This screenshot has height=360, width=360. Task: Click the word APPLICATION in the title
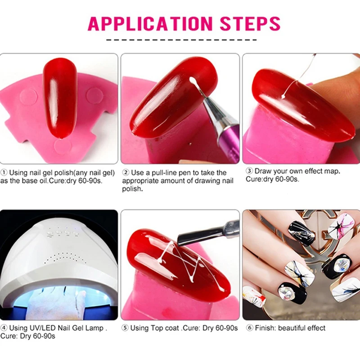[150, 23]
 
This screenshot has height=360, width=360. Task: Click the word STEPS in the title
[250, 23]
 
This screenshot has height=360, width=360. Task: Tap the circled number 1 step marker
[4, 172]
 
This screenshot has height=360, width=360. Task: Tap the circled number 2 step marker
[126, 172]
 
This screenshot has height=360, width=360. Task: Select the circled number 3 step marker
[249, 171]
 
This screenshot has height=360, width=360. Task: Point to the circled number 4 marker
[4, 328]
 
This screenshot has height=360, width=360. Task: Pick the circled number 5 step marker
[125, 328]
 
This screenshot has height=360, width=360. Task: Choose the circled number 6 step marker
[250, 328]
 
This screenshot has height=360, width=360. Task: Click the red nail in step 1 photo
[60, 98]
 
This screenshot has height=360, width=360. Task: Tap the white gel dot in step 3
[283, 97]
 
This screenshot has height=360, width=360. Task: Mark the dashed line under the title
[181, 40]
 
